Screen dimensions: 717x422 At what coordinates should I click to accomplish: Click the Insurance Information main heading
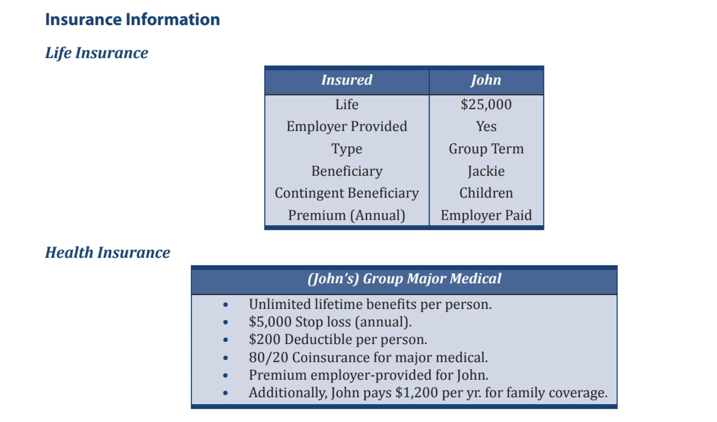pyautogui.click(x=133, y=19)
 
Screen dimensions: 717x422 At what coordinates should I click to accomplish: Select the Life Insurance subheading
pyautogui.click(x=97, y=53)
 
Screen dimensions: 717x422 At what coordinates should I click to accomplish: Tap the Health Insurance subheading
pyautogui.click(x=108, y=253)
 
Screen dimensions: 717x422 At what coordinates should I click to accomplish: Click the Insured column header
pyautogui.click(x=347, y=80)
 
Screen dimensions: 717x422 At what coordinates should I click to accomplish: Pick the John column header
pyautogui.click(x=486, y=80)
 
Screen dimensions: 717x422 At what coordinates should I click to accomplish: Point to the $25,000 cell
pyautogui.click(x=486, y=105)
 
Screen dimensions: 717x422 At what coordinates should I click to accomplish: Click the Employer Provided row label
pyautogui.click(x=347, y=127)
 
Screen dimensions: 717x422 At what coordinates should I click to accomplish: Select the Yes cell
pyautogui.click(x=486, y=127)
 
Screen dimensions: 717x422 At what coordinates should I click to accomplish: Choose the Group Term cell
pyautogui.click(x=486, y=149)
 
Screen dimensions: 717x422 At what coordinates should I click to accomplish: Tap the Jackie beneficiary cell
pyautogui.click(x=486, y=171)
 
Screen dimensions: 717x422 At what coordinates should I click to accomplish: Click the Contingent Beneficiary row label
pyautogui.click(x=347, y=193)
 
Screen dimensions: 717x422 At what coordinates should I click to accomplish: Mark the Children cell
pyautogui.click(x=486, y=193)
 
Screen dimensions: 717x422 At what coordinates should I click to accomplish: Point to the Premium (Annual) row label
pyautogui.click(x=347, y=215)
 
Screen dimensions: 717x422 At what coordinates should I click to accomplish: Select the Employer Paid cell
pyautogui.click(x=486, y=215)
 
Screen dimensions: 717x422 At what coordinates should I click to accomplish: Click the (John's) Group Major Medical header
pyautogui.click(x=404, y=279)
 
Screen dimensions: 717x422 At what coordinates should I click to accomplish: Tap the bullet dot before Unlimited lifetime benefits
pyautogui.click(x=226, y=304)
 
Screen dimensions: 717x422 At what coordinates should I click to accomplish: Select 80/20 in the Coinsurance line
pyautogui.click(x=269, y=357)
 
